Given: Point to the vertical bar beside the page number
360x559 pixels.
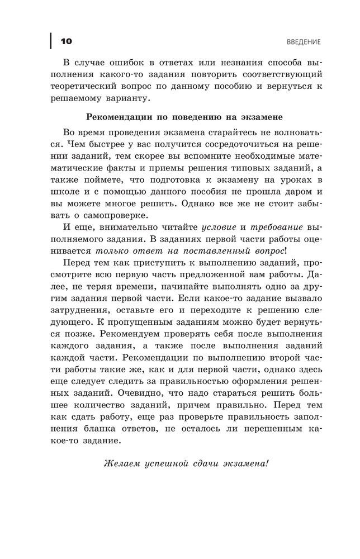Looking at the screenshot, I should (51, 41).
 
